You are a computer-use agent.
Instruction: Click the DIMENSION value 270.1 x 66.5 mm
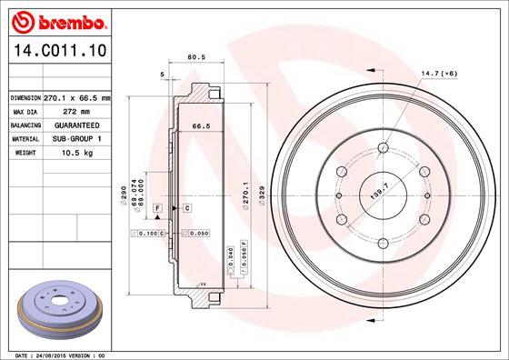(76, 97)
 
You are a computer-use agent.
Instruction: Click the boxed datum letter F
(156, 209)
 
